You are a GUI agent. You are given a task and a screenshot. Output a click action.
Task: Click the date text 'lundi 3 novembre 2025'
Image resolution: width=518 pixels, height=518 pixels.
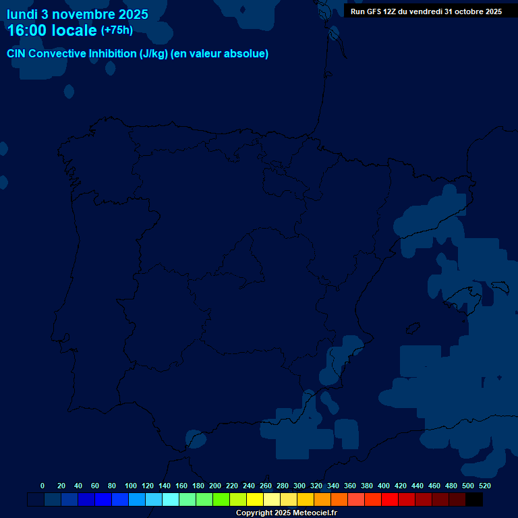[x=78, y=14]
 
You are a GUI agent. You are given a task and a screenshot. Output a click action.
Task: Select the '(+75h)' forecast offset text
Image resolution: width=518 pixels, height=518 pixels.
[x=117, y=30]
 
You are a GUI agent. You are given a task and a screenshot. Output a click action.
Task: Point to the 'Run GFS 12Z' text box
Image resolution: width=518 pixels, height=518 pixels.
[x=426, y=11]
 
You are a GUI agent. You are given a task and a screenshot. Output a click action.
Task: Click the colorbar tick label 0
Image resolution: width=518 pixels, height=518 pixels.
[x=42, y=486]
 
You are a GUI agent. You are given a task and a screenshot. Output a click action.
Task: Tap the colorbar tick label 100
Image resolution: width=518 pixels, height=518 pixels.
[x=131, y=486]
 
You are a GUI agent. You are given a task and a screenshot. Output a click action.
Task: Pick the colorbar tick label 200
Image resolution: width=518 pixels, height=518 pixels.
[x=215, y=486]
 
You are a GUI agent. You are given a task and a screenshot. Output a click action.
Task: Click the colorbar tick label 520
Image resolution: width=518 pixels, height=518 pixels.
[x=484, y=486]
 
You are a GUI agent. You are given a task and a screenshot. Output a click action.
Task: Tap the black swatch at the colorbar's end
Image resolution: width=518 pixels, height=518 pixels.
[x=473, y=500]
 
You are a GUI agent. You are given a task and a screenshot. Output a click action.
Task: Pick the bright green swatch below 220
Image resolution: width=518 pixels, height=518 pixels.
[x=221, y=500]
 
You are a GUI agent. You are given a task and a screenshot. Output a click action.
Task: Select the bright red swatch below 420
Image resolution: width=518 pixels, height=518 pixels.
[x=390, y=500]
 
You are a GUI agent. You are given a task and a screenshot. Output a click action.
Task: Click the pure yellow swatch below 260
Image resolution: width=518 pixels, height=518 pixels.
[x=255, y=500]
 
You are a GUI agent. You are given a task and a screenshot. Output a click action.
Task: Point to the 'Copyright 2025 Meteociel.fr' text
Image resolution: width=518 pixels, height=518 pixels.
[x=286, y=513]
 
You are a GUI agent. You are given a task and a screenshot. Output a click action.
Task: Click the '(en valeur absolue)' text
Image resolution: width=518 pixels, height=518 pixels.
[x=220, y=54]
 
